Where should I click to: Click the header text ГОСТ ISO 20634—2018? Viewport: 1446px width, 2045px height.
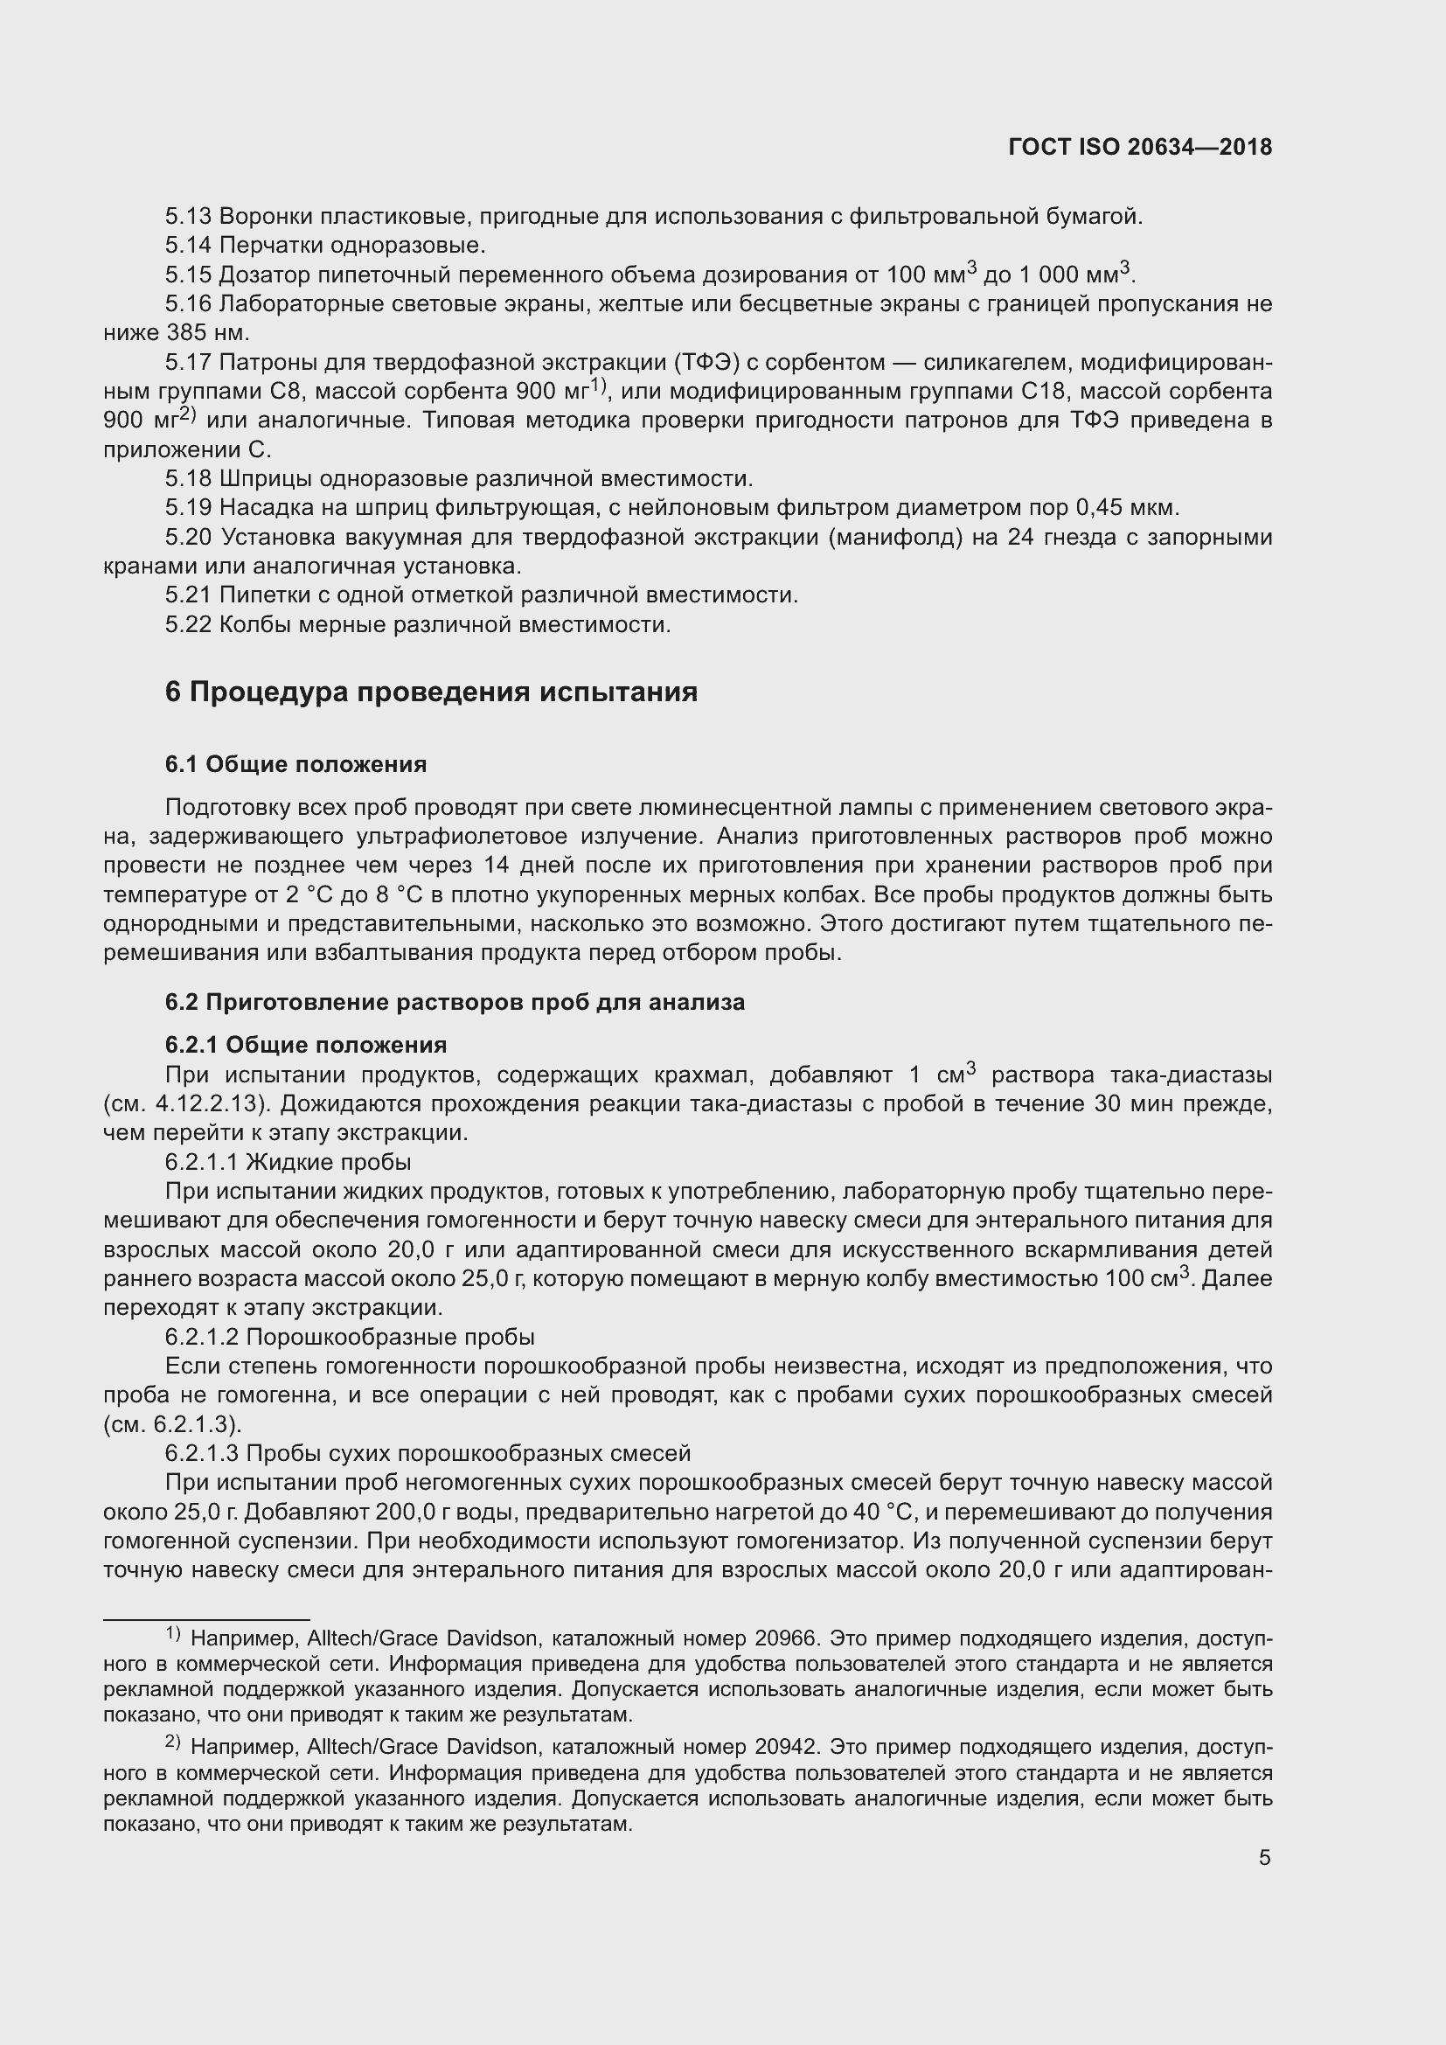[1141, 148]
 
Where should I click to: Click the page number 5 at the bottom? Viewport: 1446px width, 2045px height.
[1264, 1857]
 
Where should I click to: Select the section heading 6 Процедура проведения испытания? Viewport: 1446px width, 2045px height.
[431, 692]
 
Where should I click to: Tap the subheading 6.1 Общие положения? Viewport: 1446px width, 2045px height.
[295, 764]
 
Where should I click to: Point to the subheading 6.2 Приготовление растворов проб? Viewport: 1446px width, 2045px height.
[454, 1002]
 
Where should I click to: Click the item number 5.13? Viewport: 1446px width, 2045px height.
[188, 217]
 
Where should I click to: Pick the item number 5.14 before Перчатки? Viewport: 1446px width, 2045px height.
[188, 245]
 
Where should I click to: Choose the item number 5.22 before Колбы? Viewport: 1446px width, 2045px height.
[188, 624]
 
